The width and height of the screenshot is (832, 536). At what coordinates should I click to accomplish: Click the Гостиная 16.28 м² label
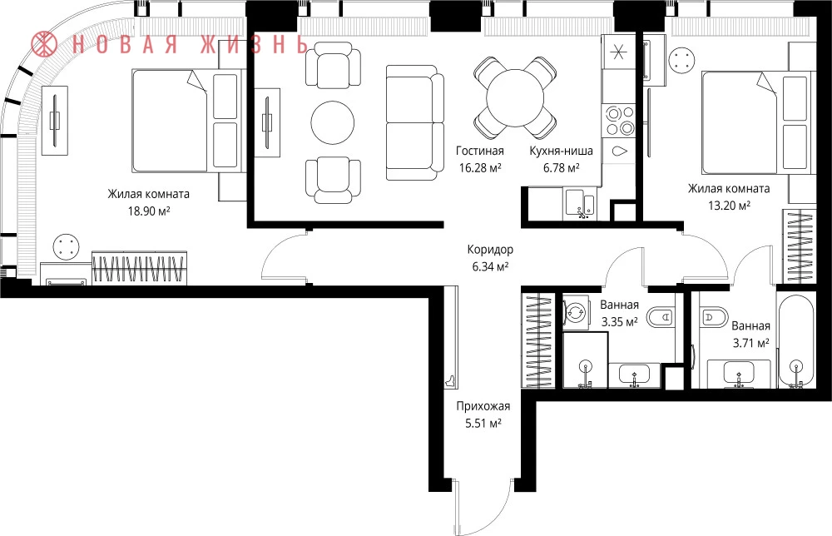[480, 159]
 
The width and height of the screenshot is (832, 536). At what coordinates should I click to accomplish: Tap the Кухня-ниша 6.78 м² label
[561, 159]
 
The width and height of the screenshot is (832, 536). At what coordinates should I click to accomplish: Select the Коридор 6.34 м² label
[490, 257]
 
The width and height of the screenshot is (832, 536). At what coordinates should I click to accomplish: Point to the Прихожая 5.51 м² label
[483, 414]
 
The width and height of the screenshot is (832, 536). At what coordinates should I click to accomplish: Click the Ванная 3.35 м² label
[619, 313]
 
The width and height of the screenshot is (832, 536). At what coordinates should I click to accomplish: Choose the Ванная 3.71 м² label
[750, 335]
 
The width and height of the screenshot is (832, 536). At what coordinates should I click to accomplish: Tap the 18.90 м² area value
[149, 211]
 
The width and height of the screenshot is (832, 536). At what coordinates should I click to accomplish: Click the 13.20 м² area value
[729, 206]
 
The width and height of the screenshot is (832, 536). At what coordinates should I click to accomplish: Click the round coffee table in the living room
[332, 122]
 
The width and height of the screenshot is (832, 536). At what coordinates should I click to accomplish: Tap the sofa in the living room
[415, 123]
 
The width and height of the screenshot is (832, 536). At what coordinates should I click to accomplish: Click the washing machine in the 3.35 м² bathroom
[576, 312]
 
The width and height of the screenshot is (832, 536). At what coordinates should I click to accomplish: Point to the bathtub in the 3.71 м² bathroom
[795, 340]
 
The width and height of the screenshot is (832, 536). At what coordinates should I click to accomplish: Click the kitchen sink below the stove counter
[581, 204]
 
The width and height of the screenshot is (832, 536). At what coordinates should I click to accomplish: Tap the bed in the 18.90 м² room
[186, 120]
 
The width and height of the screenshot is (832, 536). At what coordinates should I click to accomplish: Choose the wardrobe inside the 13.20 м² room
[799, 246]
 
